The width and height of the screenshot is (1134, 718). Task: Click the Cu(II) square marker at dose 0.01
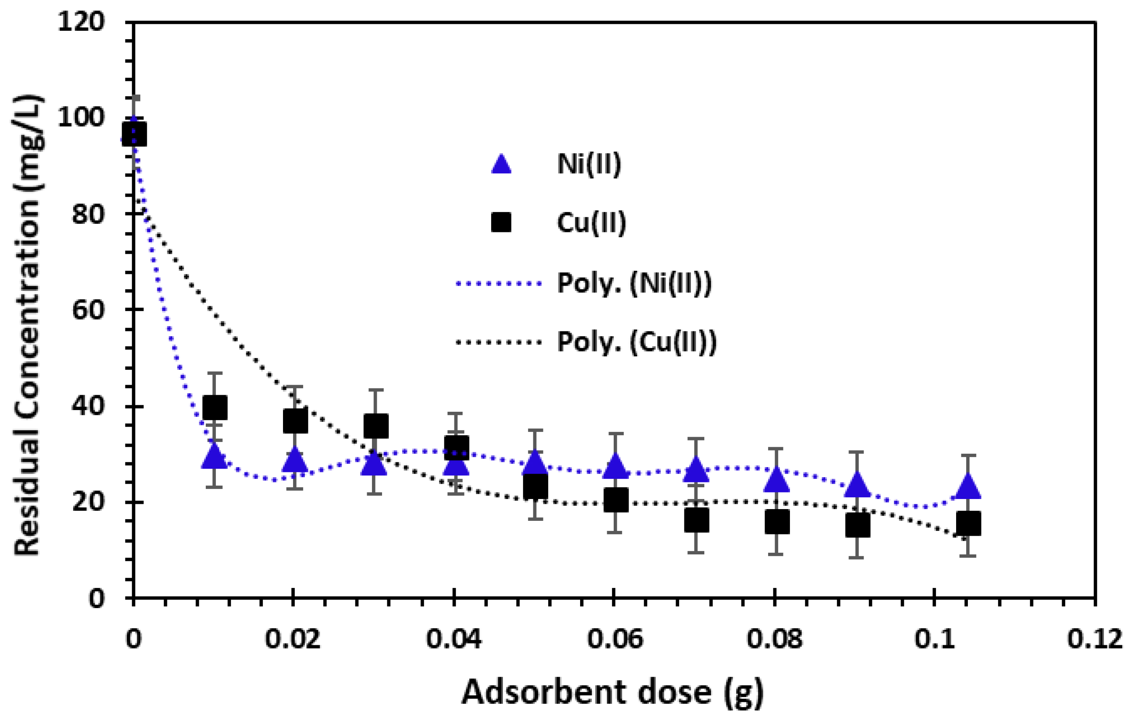coord(215,408)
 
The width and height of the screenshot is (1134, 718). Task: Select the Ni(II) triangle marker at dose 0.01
coord(215,456)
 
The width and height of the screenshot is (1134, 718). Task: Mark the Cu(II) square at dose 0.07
coord(697,520)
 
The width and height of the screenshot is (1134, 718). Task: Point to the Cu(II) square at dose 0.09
coord(857,525)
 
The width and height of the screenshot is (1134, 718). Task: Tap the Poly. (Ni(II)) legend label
coord(634,283)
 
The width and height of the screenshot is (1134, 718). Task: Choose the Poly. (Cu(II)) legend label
coord(637,341)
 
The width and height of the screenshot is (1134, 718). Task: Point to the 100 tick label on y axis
coord(80,118)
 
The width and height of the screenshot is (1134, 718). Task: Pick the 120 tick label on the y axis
coord(80,22)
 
